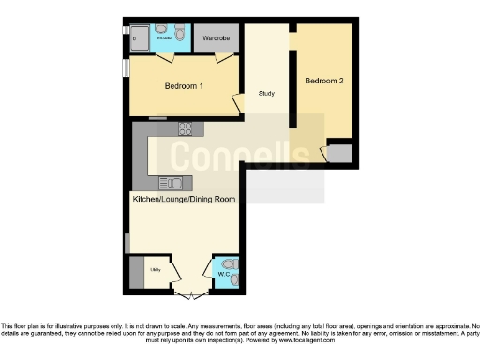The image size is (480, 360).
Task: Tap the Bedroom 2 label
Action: pos(323,82)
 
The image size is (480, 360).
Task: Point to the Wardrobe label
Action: pos(217,39)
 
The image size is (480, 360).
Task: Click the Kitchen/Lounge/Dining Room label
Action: pos(183,199)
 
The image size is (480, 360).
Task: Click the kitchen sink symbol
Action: pos(174,183)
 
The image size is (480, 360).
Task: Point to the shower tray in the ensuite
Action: pos(137,38)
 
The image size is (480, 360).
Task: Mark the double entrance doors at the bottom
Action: pos(192,292)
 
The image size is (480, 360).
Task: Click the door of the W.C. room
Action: pos(221,261)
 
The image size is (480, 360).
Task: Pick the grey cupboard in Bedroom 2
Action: pos(340,154)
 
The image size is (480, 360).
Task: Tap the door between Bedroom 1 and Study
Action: pos(238,99)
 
